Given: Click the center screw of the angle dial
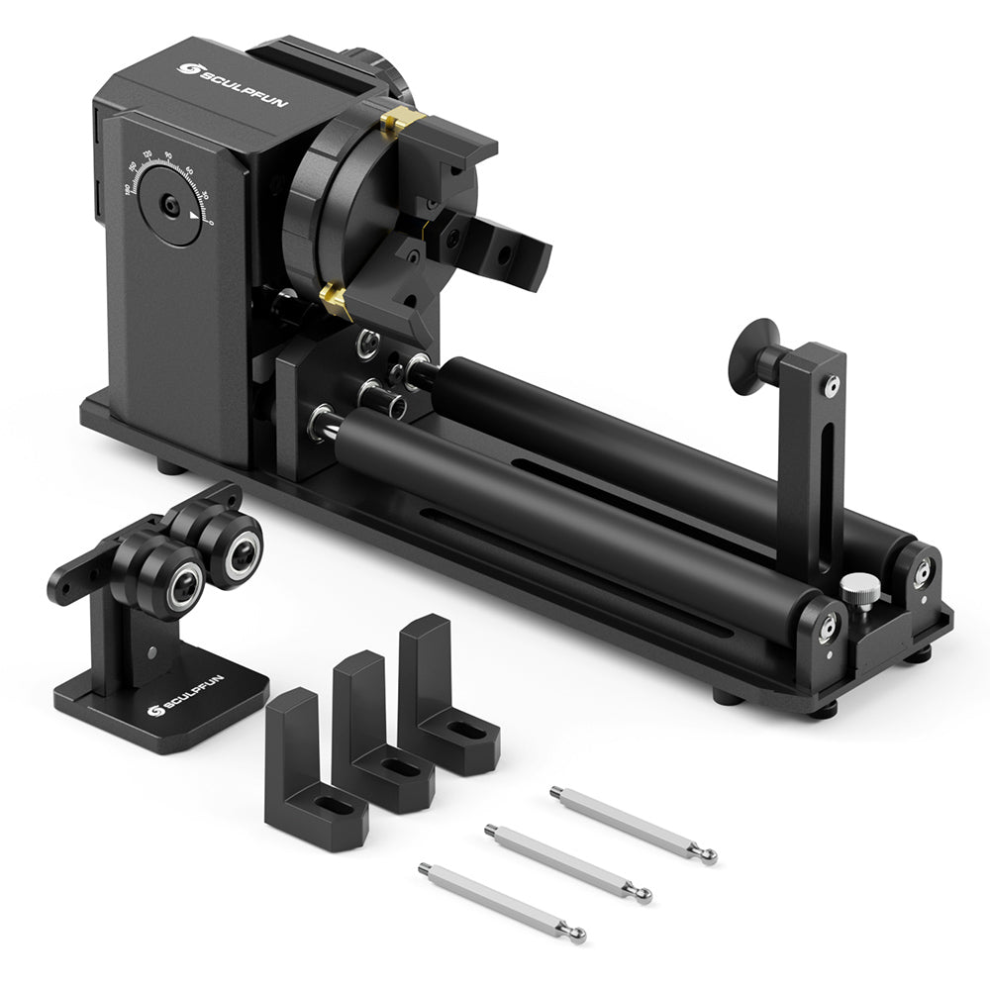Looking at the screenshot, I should point(171,206).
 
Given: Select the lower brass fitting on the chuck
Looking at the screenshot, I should point(337,298).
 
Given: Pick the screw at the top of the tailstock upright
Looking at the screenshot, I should point(832,382).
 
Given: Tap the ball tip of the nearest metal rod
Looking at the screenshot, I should point(576,935).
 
